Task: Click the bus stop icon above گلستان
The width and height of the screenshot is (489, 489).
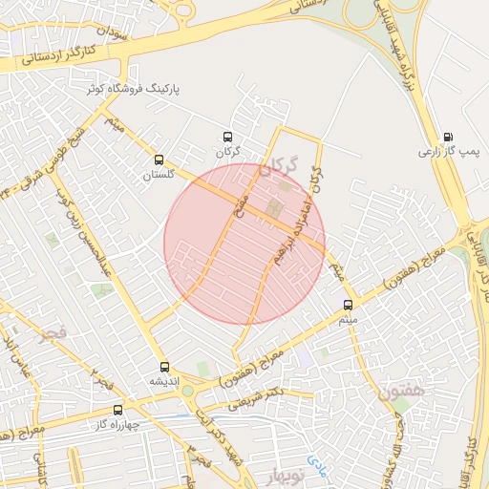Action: pos(159,160)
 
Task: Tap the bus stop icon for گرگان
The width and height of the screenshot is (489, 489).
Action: pos(227,137)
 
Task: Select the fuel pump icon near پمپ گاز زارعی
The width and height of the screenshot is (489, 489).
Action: pos(449,136)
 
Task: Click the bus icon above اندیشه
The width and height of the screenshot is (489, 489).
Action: pos(164,366)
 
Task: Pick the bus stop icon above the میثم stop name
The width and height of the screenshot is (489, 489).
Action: pos(347,305)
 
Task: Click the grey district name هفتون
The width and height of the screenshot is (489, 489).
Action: pos(399,390)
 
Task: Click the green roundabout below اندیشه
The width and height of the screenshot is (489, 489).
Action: pos(188,391)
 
